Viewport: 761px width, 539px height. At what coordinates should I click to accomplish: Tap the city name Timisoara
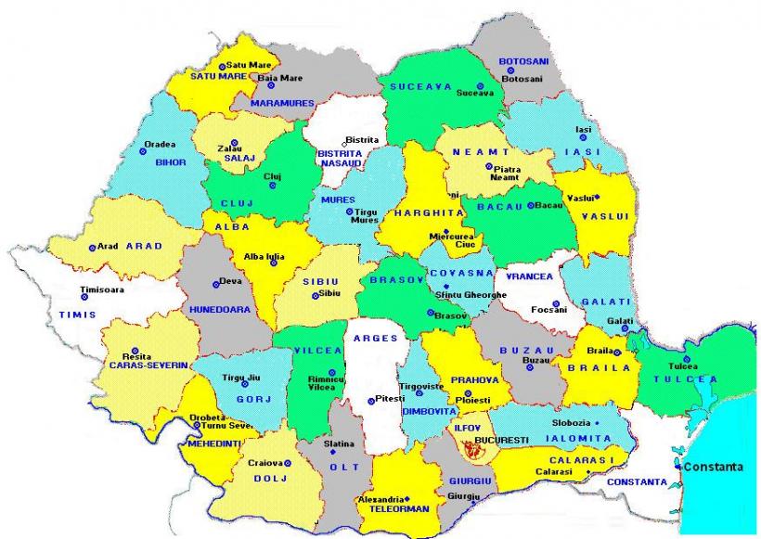pos(102,289)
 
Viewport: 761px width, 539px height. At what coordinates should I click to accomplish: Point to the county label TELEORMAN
pos(394,509)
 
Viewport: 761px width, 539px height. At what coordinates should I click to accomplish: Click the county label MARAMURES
pos(284,103)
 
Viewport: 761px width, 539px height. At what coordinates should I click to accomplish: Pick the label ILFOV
pos(464,429)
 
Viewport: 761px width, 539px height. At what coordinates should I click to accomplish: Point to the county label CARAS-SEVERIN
pos(148,366)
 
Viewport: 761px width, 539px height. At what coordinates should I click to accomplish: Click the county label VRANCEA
pos(529,276)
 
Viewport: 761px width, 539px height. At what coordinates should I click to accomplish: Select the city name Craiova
pos(264,462)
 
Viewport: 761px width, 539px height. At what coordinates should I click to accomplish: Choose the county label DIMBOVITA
pos(428,410)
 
